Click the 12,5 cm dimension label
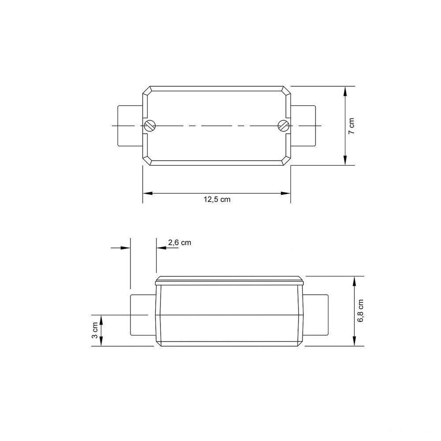pos(217,199)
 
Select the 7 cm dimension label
pos(351,126)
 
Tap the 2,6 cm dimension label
pos(179,242)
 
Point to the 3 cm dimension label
pos(95,330)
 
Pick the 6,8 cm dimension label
pos(361,311)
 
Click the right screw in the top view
pos(283,126)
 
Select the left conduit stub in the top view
pos(130,126)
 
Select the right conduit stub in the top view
pos(304,126)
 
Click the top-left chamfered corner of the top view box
pos(147,91)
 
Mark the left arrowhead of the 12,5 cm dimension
pos(146,193)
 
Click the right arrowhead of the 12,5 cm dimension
pos(287,193)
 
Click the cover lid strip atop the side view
pos(230,280)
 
